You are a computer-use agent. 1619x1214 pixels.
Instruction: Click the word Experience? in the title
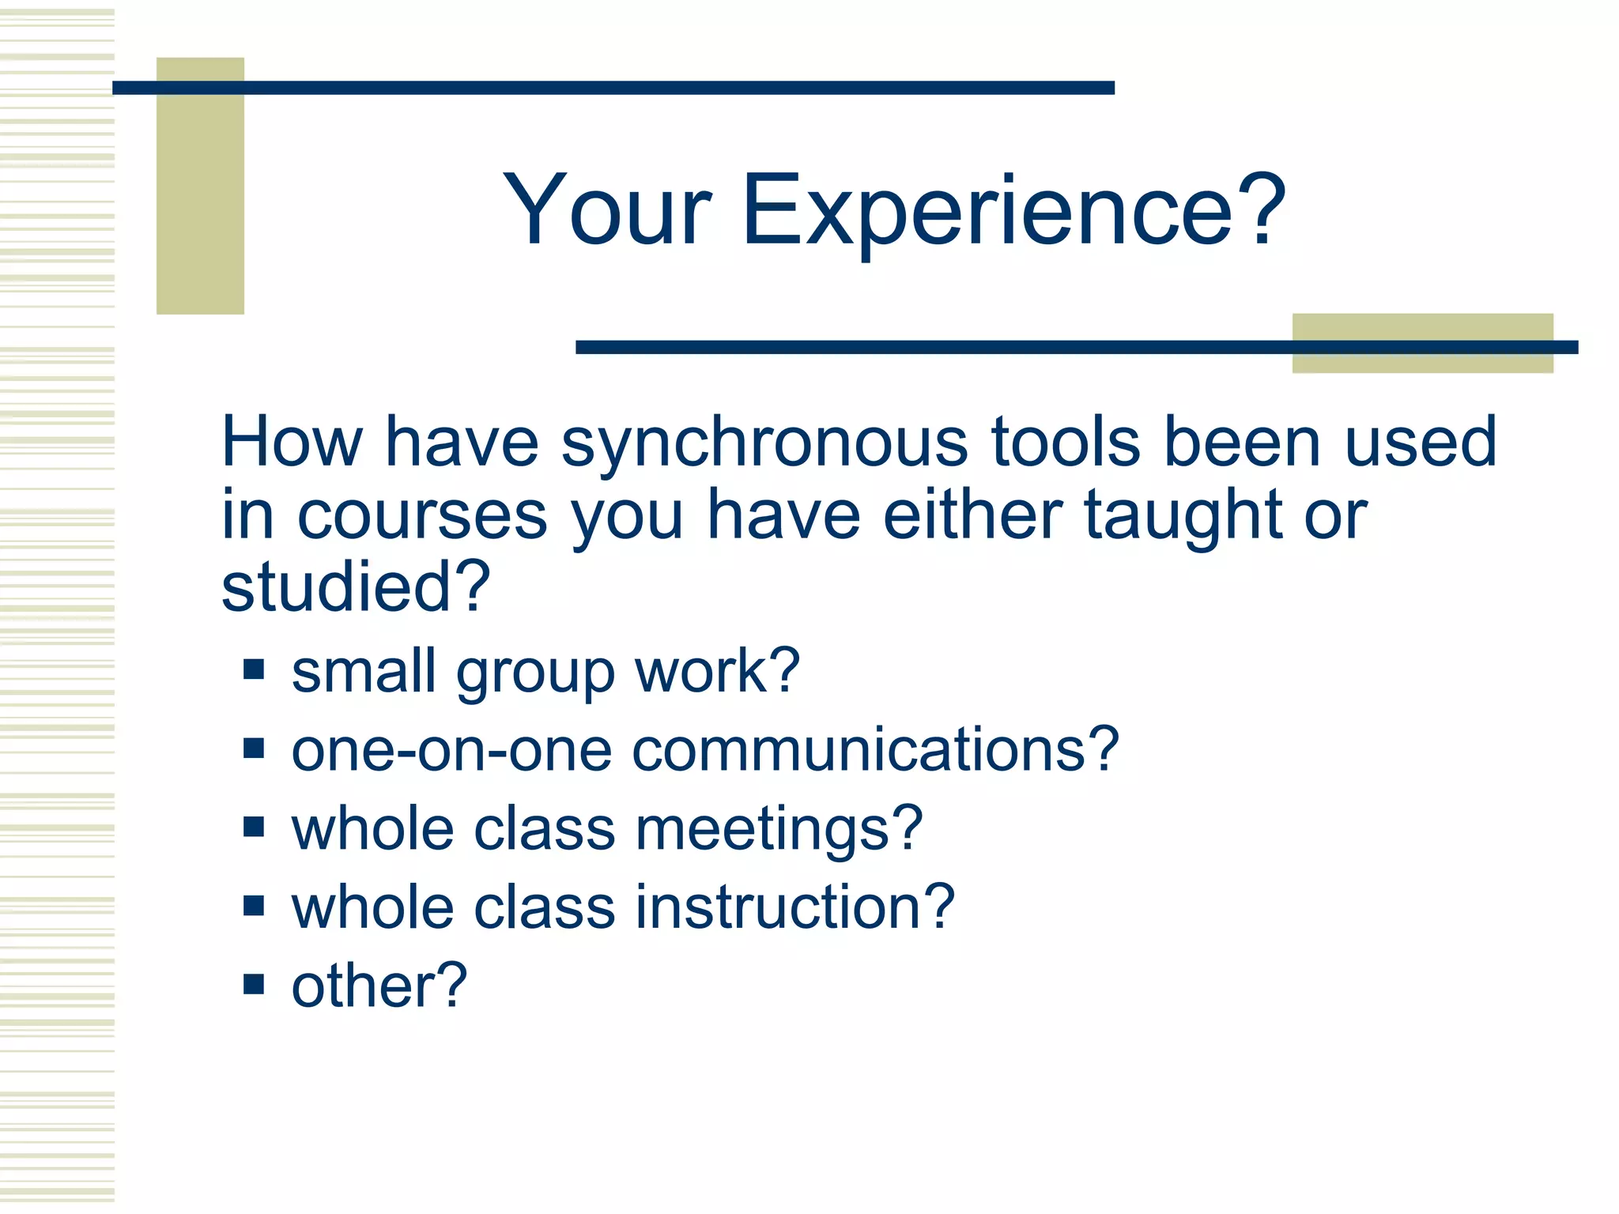(x=1013, y=211)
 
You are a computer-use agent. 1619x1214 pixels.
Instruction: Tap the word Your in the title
(x=607, y=211)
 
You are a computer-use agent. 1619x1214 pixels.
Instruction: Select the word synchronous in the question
(x=764, y=443)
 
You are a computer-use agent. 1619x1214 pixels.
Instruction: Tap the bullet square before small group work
(x=254, y=670)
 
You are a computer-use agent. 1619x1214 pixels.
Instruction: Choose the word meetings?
(x=779, y=830)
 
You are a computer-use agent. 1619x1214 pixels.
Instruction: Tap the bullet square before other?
(x=254, y=984)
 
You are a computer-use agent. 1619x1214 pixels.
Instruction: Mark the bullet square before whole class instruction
(x=254, y=906)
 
